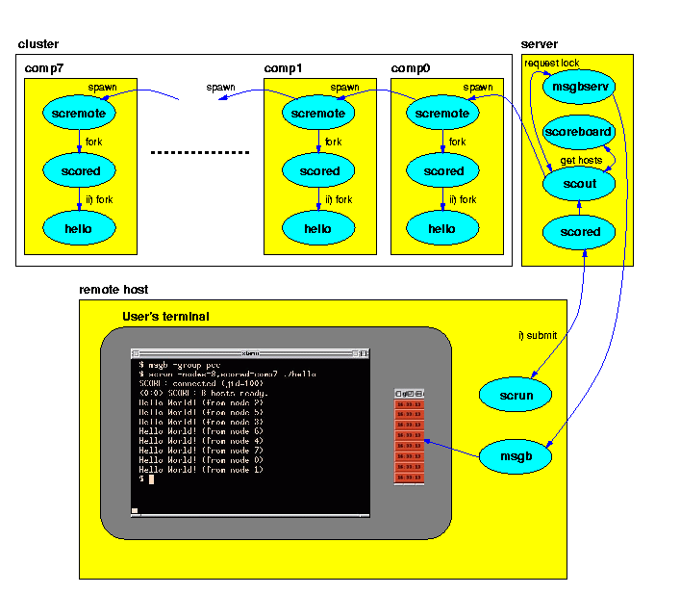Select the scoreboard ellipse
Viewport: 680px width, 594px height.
click(578, 131)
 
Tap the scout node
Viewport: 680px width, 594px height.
click(578, 183)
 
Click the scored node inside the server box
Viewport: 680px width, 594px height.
click(580, 231)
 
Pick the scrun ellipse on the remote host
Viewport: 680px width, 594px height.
click(516, 395)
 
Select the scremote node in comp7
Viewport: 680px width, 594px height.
click(79, 114)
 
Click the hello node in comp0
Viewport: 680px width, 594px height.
click(441, 229)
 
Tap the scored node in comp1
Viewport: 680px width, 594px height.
click(318, 171)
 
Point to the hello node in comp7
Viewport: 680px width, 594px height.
click(79, 229)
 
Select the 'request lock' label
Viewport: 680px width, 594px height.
click(551, 63)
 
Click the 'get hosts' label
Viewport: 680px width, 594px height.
click(581, 160)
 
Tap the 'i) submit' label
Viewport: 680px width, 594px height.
click(538, 335)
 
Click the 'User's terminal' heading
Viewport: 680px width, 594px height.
click(165, 317)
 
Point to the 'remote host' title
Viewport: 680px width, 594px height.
click(113, 289)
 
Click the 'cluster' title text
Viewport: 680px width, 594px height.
click(38, 44)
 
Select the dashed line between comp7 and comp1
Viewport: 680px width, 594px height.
click(200, 152)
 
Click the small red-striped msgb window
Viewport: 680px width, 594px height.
click(409, 437)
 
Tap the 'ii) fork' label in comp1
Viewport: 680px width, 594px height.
click(339, 200)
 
